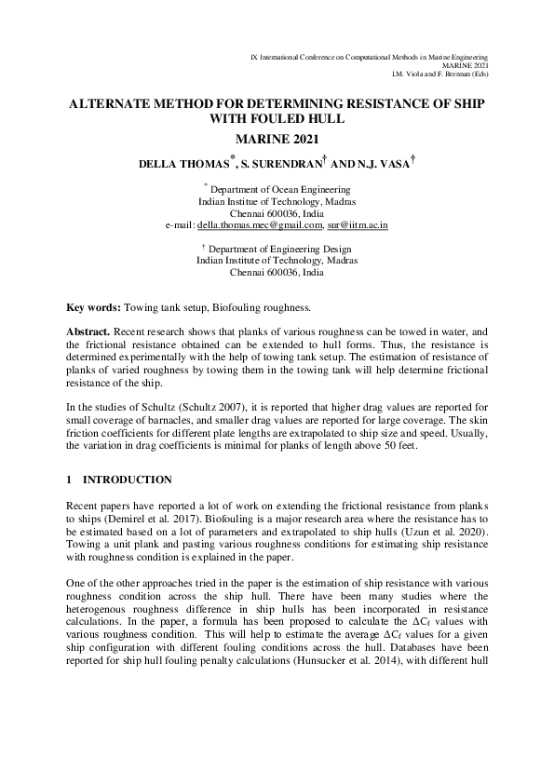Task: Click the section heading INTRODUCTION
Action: (x=128, y=480)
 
